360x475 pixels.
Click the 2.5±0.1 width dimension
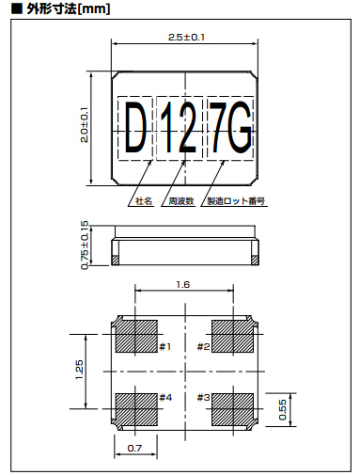click(186, 38)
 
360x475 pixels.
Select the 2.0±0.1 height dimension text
click(85, 125)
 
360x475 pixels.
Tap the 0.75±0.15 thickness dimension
click(85, 245)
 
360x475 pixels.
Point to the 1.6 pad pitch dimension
click(183, 284)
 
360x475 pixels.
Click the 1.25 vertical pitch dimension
click(79, 370)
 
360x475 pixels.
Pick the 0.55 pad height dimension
click(282, 409)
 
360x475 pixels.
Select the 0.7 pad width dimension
click(134, 448)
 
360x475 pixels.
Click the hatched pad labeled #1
click(136, 336)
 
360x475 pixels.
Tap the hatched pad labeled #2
click(232, 336)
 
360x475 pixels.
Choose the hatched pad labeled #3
click(232, 409)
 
